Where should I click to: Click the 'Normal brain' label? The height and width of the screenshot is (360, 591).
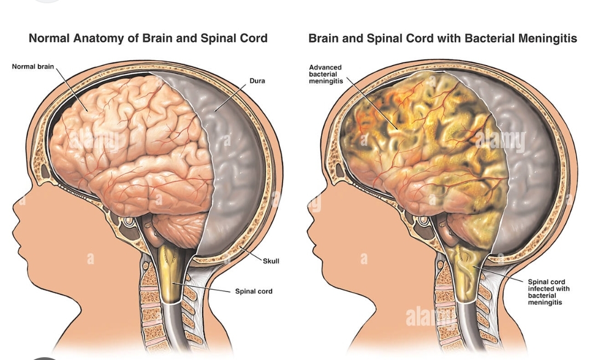point(33,67)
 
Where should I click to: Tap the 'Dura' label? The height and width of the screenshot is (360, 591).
point(257,81)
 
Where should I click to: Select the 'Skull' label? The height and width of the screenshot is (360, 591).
point(271,261)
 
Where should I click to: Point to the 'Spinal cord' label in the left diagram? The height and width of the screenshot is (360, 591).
point(254,292)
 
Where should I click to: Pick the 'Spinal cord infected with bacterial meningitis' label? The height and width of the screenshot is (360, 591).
point(548,292)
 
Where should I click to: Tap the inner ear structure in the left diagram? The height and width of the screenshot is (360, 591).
point(128,222)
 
